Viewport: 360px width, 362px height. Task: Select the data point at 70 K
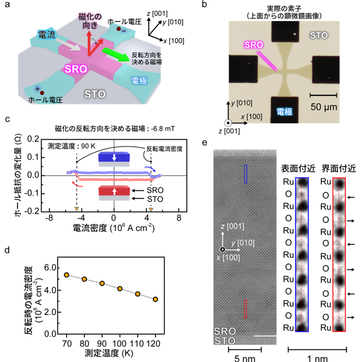coord(67,275)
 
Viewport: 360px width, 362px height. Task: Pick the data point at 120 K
coord(155,299)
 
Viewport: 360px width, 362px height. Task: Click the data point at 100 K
coord(120,288)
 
